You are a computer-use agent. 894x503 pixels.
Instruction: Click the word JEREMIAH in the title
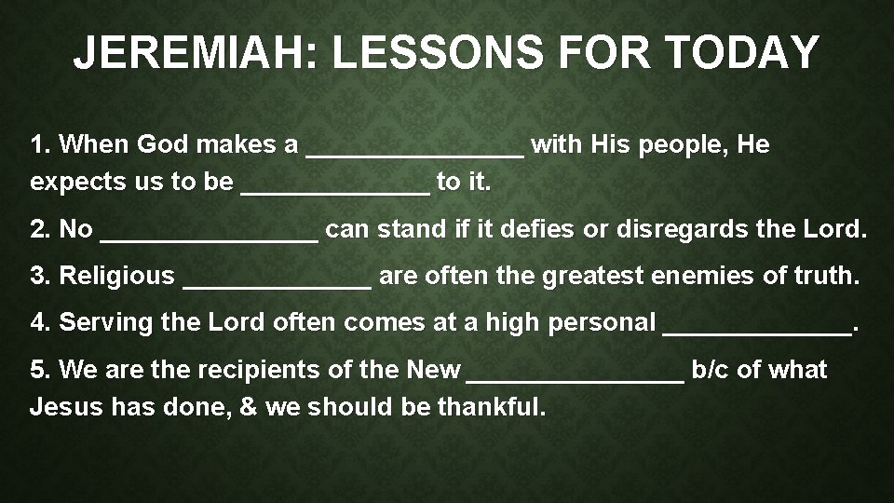tap(191, 53)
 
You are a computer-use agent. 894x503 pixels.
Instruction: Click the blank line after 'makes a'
tap(415, 150)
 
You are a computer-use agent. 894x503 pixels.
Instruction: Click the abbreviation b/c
tap(711, 370)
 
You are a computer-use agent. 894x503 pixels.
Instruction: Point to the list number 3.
tap(38, 276)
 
